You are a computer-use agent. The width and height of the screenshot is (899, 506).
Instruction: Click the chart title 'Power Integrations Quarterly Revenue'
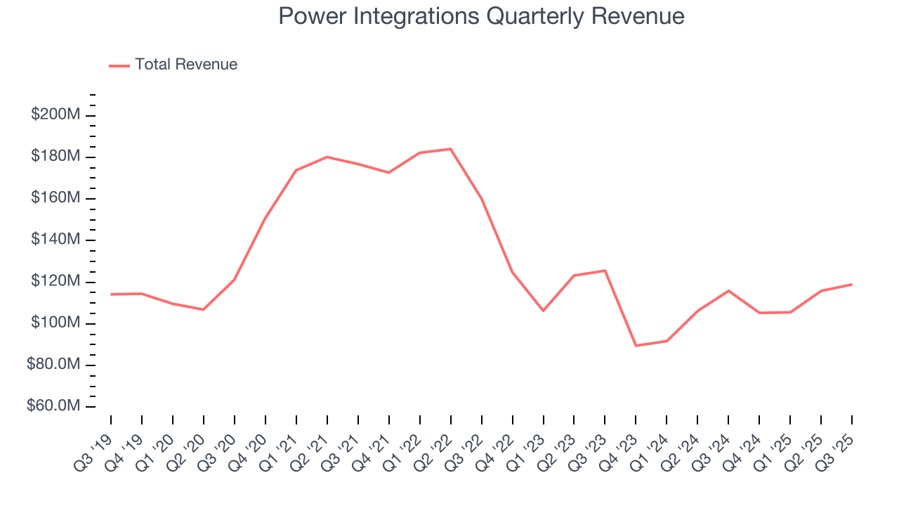click(x=481, y=15)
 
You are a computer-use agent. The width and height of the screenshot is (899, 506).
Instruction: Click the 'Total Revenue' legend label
click(x=186, y=65)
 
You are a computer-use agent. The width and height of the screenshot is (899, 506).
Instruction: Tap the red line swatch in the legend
click(x=119, y=65)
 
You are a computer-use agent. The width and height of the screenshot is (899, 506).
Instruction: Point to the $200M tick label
click(x=55, y=115)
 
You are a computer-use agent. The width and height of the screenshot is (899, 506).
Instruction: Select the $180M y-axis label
click(x=55, y=156)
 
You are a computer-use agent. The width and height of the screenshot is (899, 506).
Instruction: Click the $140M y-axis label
click(x=55, y=240)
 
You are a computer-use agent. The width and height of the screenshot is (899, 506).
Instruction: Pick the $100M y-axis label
click(x=55, y=323)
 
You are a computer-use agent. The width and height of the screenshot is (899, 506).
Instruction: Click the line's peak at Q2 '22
click(x=450, y=149)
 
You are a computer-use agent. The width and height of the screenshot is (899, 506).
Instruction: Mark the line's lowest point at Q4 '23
click(x=636, y=346)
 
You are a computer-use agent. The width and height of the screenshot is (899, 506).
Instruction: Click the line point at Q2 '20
click(x=204, y=309)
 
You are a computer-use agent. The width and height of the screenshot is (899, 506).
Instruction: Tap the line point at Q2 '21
click(x=327, y=157)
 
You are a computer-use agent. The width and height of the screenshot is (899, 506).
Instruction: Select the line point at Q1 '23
click(x=543, y=311)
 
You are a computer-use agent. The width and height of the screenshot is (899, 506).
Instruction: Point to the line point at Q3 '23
click(x=605, y=271)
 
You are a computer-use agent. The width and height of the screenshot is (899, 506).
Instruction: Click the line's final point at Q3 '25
click(x=852, y=285)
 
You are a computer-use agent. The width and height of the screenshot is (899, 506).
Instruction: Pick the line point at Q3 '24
click(x=728, y=290)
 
